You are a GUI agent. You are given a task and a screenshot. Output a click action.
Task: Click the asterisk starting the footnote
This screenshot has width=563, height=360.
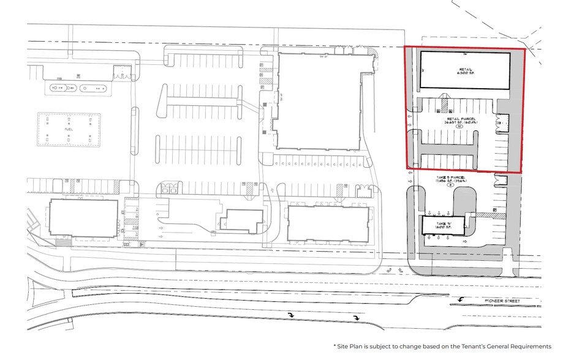(335, 345)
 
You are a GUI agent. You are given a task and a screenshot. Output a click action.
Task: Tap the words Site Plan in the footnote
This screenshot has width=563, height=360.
(351, 346)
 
